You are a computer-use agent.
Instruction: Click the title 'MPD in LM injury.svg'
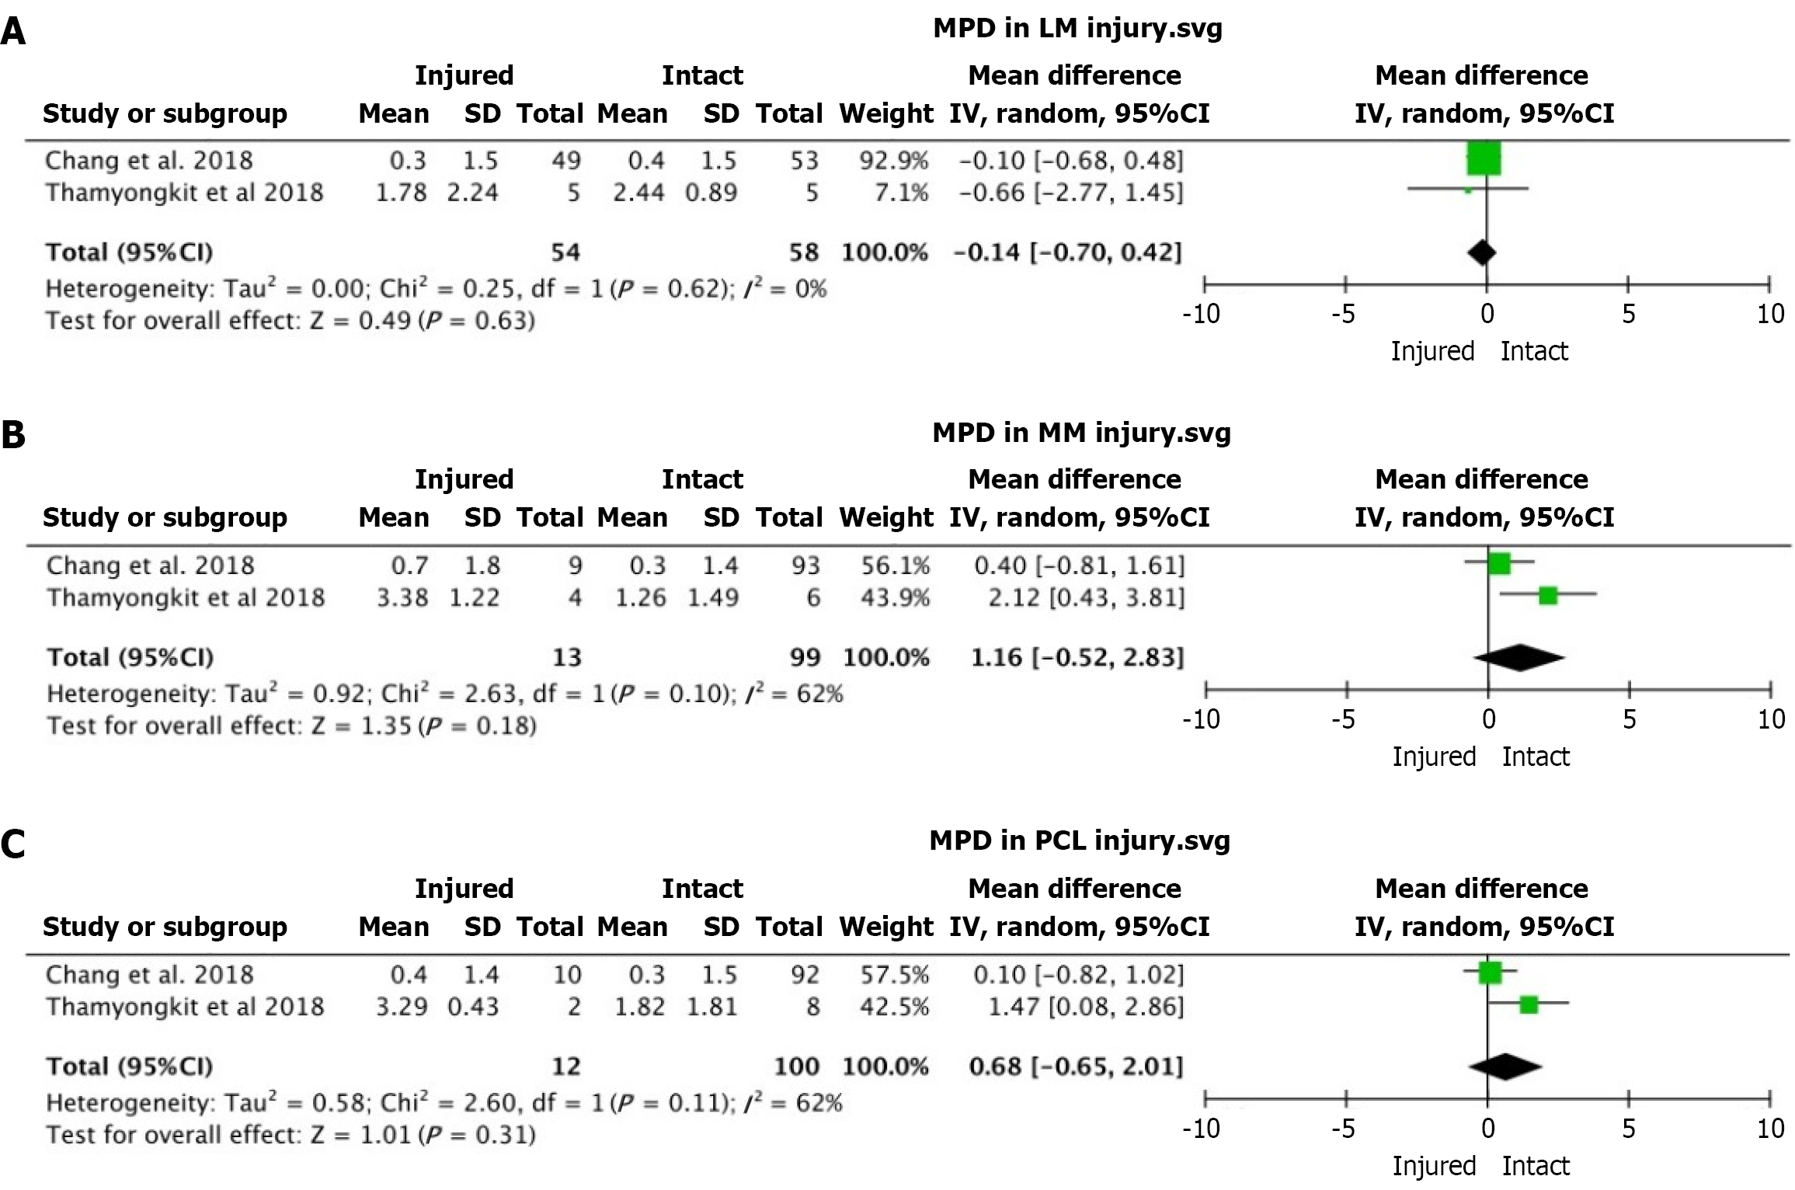(x=1077, y=29)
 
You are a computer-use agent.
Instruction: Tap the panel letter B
(x=13, y=435)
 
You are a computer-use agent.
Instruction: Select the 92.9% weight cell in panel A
(x=893, y=161)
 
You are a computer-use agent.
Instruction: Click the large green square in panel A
(x=1484, y=159)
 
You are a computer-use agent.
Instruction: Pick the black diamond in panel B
(x=1519, y=657)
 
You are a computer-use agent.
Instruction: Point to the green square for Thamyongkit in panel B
(x=1548, y=596)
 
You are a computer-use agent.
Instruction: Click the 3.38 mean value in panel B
(x=402, y=597)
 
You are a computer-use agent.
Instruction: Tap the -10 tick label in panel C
(x=1201, y=1128)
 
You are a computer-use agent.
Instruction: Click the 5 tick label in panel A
(x=1628, y=314)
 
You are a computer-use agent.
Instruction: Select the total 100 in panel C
(x=796, y=1066)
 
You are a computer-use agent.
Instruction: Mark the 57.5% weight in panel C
(x=894, y=975)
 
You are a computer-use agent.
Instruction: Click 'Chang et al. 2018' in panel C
(x=149, y=975)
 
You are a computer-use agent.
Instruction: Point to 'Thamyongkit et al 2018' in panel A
(x=184, y=193)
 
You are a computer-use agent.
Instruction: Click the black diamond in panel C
(x=1505, y=1066)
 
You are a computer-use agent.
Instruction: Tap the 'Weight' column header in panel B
(x=886, y=517)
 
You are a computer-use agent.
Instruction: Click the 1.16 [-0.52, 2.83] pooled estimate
(x=1077, y=657)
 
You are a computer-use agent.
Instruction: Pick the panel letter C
(x=13, y=844)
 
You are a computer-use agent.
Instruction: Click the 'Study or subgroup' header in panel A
(x=165, y=113)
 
